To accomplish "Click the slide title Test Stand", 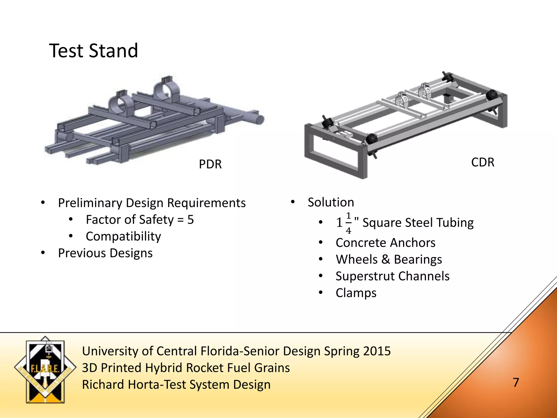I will [94, 51].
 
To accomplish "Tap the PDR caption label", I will [210, 164].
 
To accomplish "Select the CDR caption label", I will [482, 162].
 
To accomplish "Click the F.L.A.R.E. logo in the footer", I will [45, 370].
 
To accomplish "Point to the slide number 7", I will [516, 382].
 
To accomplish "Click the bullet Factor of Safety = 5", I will [140, 220].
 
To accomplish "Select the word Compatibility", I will [123, 236].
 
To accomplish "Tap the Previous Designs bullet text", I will [105, 253].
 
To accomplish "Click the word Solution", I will [331, 202].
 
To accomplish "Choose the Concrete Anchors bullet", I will [385, 242].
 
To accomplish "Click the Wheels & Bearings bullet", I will [389, 259].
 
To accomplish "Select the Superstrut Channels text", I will [392, 276].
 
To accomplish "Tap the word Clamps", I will [356, 293].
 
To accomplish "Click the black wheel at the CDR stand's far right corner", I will [491, 96].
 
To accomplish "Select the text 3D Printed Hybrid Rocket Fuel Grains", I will [186, 368].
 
